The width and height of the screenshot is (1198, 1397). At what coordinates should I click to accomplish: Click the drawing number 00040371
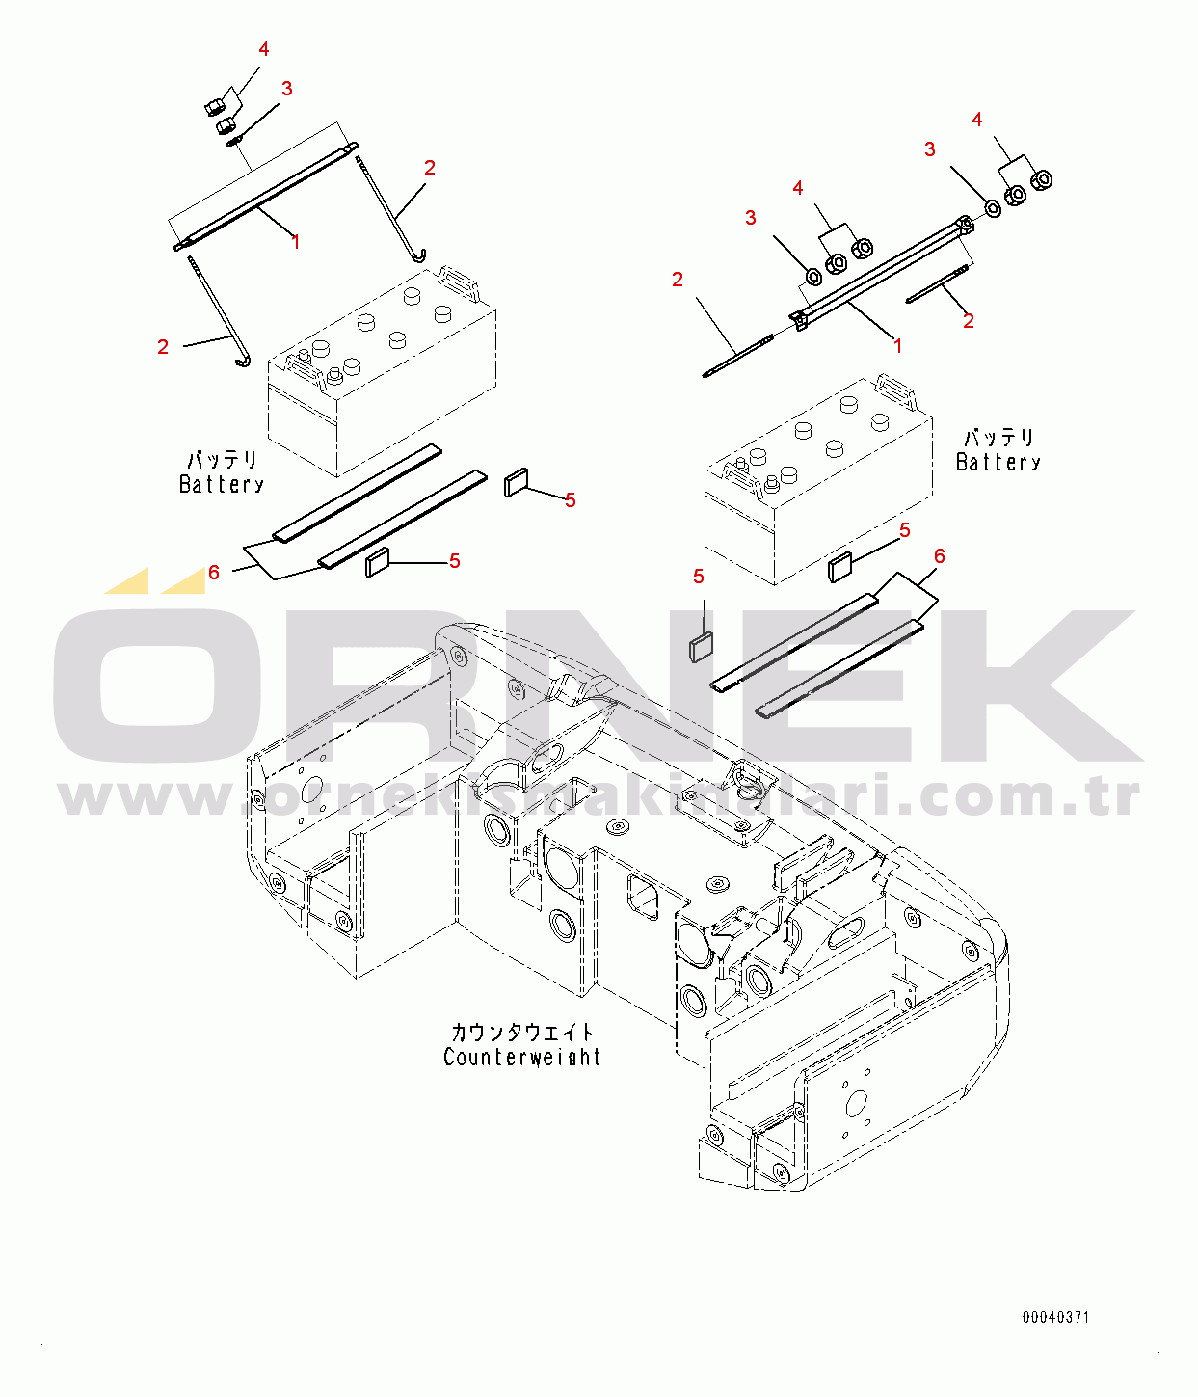(1055, 1317)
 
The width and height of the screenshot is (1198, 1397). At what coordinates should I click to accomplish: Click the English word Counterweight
(521, 1057)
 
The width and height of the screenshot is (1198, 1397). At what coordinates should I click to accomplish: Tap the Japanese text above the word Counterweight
(522, 1032)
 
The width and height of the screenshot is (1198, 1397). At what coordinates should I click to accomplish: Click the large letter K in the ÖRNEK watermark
(1041, 685)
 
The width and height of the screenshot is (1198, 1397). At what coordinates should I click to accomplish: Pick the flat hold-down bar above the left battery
(266, 197)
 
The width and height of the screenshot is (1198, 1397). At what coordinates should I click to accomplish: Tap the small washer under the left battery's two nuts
(235, 141)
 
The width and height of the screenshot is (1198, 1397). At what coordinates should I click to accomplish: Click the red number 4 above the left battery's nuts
(263, 48)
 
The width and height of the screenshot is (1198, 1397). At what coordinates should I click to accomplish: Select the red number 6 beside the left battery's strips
(214, 573)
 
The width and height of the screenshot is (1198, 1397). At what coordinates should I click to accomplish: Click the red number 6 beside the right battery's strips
(939, 555)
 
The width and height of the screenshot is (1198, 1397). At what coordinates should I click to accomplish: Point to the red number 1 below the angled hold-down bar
(897, 345)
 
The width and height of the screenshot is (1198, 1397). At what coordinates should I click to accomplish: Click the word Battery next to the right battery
(998, 462)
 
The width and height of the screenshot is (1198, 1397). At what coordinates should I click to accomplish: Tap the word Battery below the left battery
(222, 484)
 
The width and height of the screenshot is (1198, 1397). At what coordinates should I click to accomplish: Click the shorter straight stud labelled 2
(937, 284)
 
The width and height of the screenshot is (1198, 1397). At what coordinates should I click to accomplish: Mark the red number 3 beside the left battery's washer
(287, 89)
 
